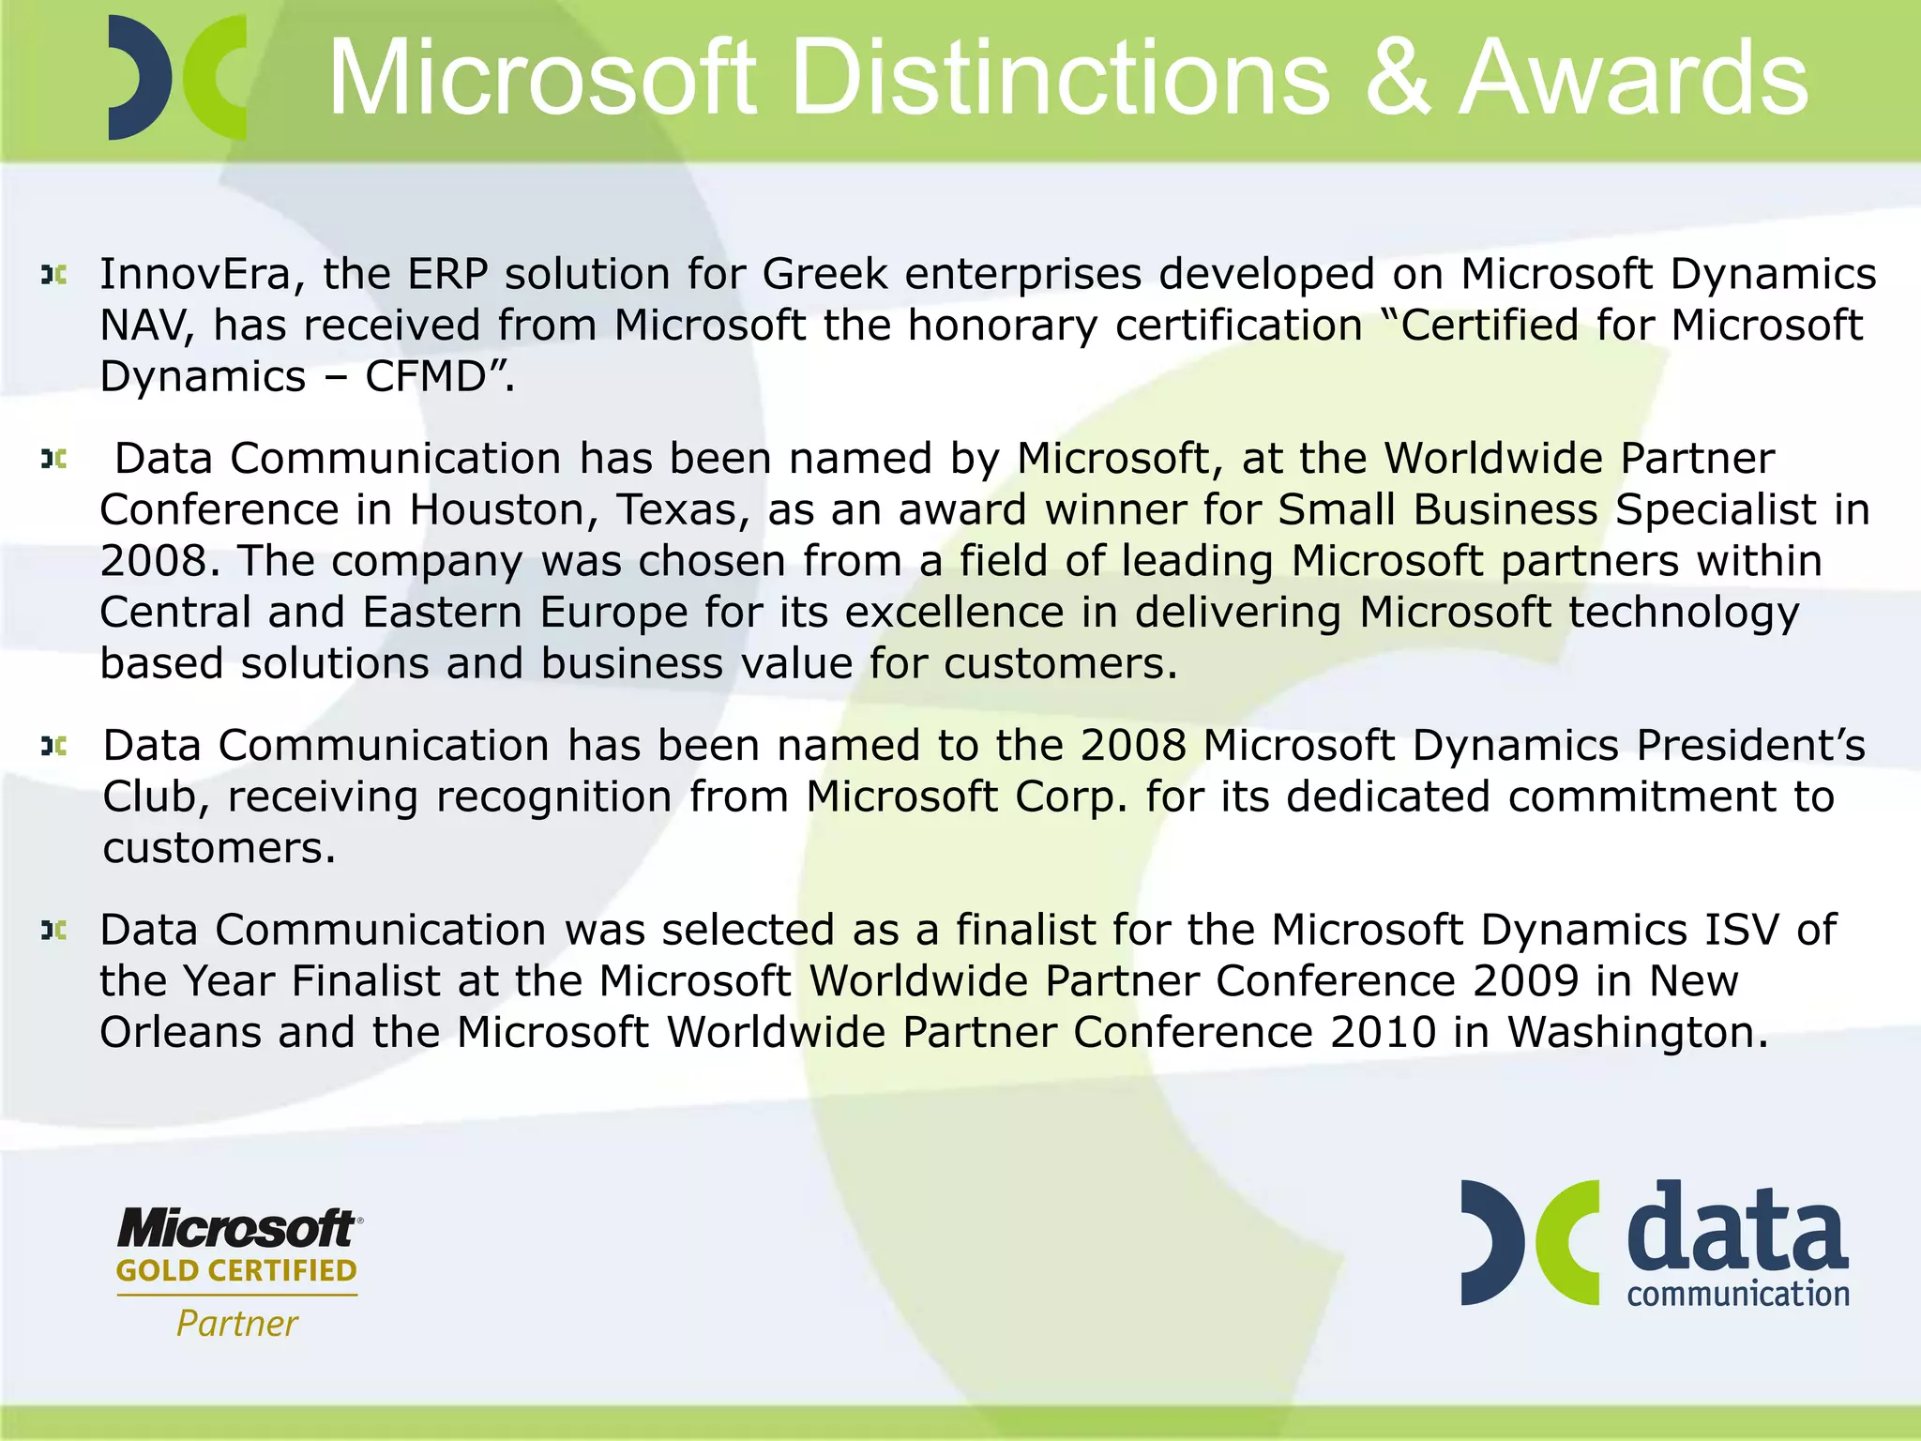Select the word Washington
point(1637,1033)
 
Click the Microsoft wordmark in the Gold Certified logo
point(237,1228)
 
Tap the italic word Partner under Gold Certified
point(236,1324)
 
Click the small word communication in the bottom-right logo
point(1738,1295)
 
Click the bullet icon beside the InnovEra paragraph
point(53,275)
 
